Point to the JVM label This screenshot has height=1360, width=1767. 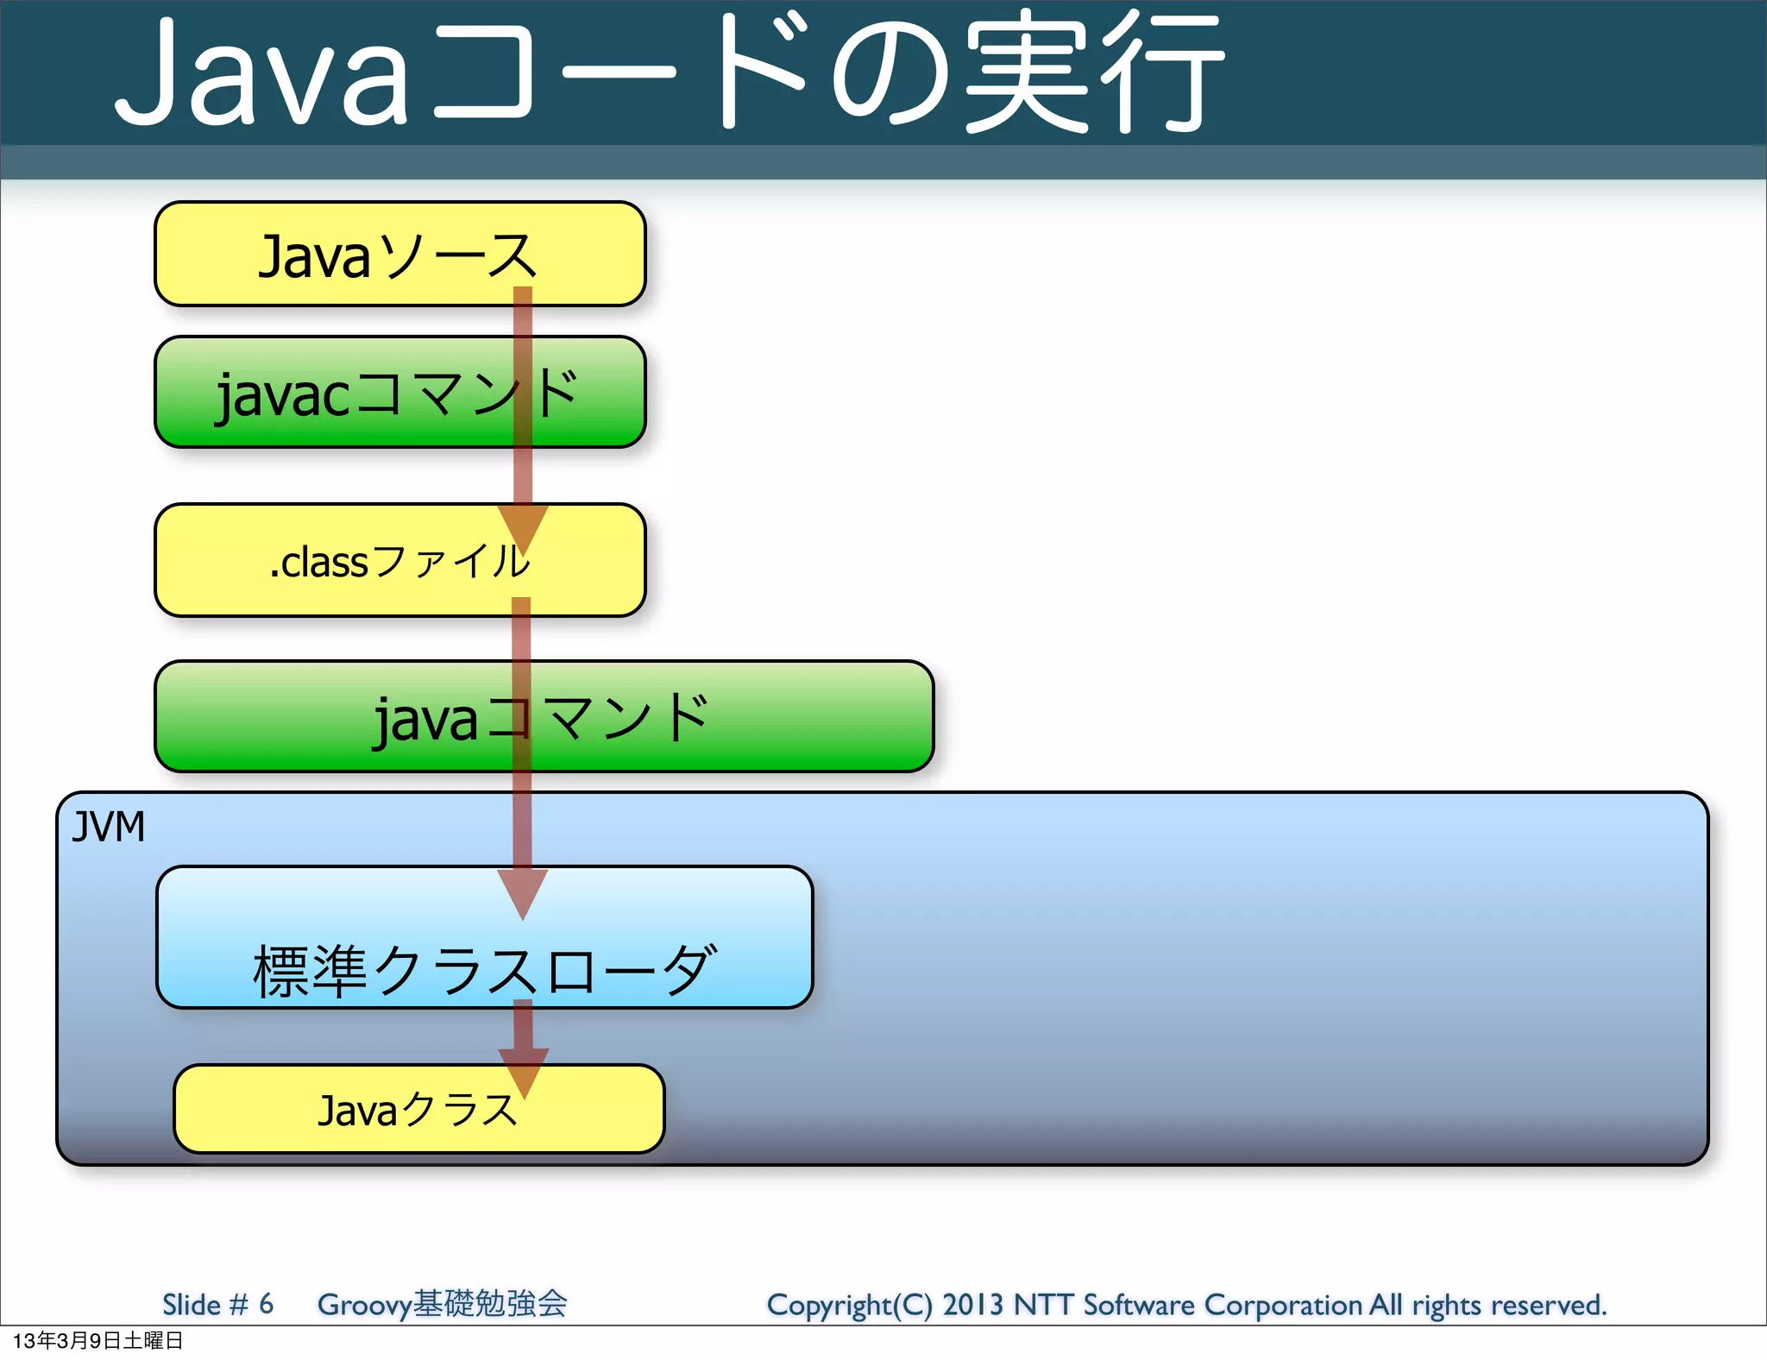pyautogui.click(x=108, y=827)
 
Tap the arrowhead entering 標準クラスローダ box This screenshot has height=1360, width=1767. pyautogui.click(x=523, y=893)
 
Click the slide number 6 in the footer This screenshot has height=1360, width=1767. pyautogui.click(x=266, y=1303)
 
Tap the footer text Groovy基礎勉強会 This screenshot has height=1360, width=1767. pyautogui.click(x=442, y=1304)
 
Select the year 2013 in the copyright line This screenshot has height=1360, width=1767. pyautogui.click(x=972, y=1305)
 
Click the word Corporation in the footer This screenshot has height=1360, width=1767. pyautogui.click(x=1283, y=1305)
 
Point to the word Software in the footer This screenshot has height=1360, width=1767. pyautogui.click(x=1138, y=1305)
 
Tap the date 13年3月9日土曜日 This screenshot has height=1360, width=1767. pyautogui.click(x=97, y=1340)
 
